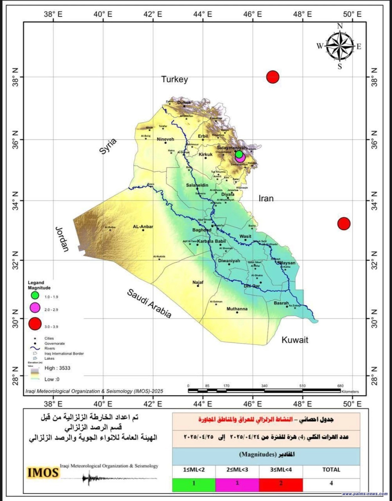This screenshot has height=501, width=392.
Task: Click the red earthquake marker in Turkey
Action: coord(272,77)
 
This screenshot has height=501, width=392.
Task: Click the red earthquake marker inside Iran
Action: coord(344,224)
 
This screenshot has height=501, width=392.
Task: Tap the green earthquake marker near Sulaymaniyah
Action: coord(239,154)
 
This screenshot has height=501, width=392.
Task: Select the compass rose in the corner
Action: coord(339,46)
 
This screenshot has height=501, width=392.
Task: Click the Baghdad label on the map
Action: coord(202,230)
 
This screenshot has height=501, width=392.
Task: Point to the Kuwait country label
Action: coord(295,340)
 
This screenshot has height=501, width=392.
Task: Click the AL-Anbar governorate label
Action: coord(143,226)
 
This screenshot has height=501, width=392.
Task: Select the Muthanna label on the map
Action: coord(237,309)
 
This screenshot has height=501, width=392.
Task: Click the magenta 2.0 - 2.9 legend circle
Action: coord(35,307)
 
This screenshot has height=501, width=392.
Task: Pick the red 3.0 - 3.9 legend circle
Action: coord(35,324)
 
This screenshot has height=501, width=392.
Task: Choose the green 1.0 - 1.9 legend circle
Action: coord(35,295)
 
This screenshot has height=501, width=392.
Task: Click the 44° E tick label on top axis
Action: coord(203,14)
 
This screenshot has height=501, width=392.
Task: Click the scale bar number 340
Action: coord(264,386)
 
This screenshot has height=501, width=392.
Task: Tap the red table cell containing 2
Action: coord(281,483)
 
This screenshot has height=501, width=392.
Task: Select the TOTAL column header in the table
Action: coord(331,470)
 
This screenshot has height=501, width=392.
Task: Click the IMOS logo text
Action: coord(43,472)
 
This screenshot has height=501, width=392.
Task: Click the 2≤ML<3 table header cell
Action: coord(237,470)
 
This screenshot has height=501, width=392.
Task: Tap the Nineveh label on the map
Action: coord(165,139)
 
